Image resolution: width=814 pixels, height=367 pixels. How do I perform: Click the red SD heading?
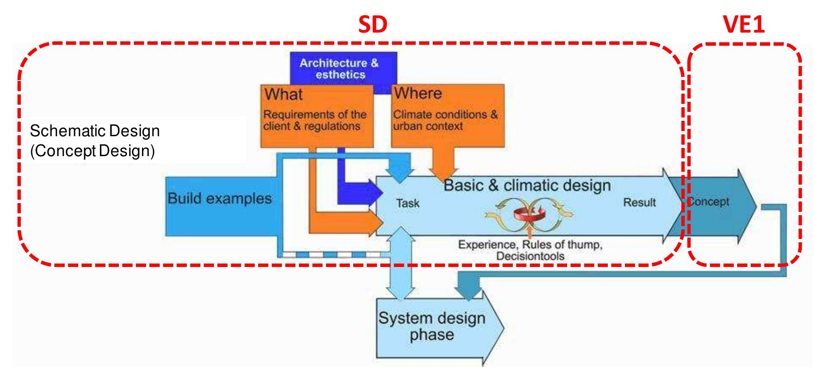point(373,25)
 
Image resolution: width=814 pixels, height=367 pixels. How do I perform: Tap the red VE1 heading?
point(744,25)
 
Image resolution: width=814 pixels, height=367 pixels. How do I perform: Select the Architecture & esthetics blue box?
point(339,68)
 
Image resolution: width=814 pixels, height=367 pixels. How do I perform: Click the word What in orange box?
point(284,95)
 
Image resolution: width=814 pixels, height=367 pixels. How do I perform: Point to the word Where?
point(418,93)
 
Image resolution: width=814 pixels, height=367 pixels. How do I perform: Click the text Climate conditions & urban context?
point(445,120)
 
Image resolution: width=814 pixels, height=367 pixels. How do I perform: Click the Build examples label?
point(220,198)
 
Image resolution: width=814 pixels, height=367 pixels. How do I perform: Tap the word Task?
point(408,203)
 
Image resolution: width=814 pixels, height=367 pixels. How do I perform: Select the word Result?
point(639,202)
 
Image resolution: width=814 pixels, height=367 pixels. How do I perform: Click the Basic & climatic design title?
point(527,185)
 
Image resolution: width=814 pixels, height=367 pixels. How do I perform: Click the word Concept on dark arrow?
point(709,201)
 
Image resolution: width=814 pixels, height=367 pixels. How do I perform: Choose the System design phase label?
point(432,326)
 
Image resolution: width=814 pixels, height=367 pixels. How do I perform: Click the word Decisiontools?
point(530,256)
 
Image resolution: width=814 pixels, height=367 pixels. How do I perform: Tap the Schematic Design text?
point(95,131)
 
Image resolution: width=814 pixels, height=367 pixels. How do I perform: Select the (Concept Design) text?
point(93,151)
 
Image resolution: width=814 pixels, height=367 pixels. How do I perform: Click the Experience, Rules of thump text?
point(530,245)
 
